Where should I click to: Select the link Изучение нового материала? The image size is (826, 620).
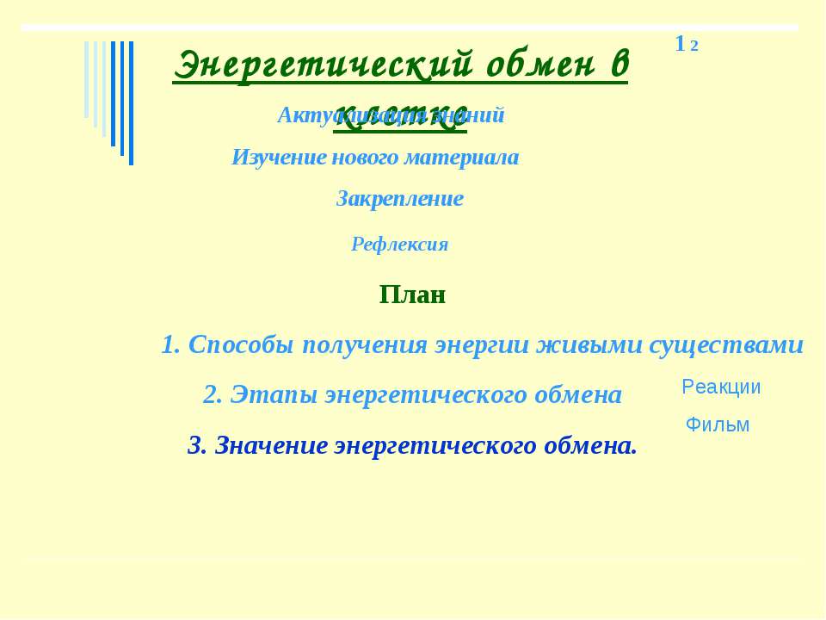(x=375, y=158)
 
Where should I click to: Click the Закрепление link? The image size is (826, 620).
(x=399, y=199)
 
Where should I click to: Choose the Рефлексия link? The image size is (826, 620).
(x=399, y=245)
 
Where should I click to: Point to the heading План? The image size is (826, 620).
(x=412, y=295)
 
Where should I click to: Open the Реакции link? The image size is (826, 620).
(x=721, y=387)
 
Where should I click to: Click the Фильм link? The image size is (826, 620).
(x=718, y=425)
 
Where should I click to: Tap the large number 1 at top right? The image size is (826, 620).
(x=680, y=43)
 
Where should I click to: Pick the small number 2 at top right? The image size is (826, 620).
(x=693, y=46)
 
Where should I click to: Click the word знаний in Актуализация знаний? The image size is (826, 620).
(x=472, y=115)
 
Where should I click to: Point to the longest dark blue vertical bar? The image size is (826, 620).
(x=131, y=103)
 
